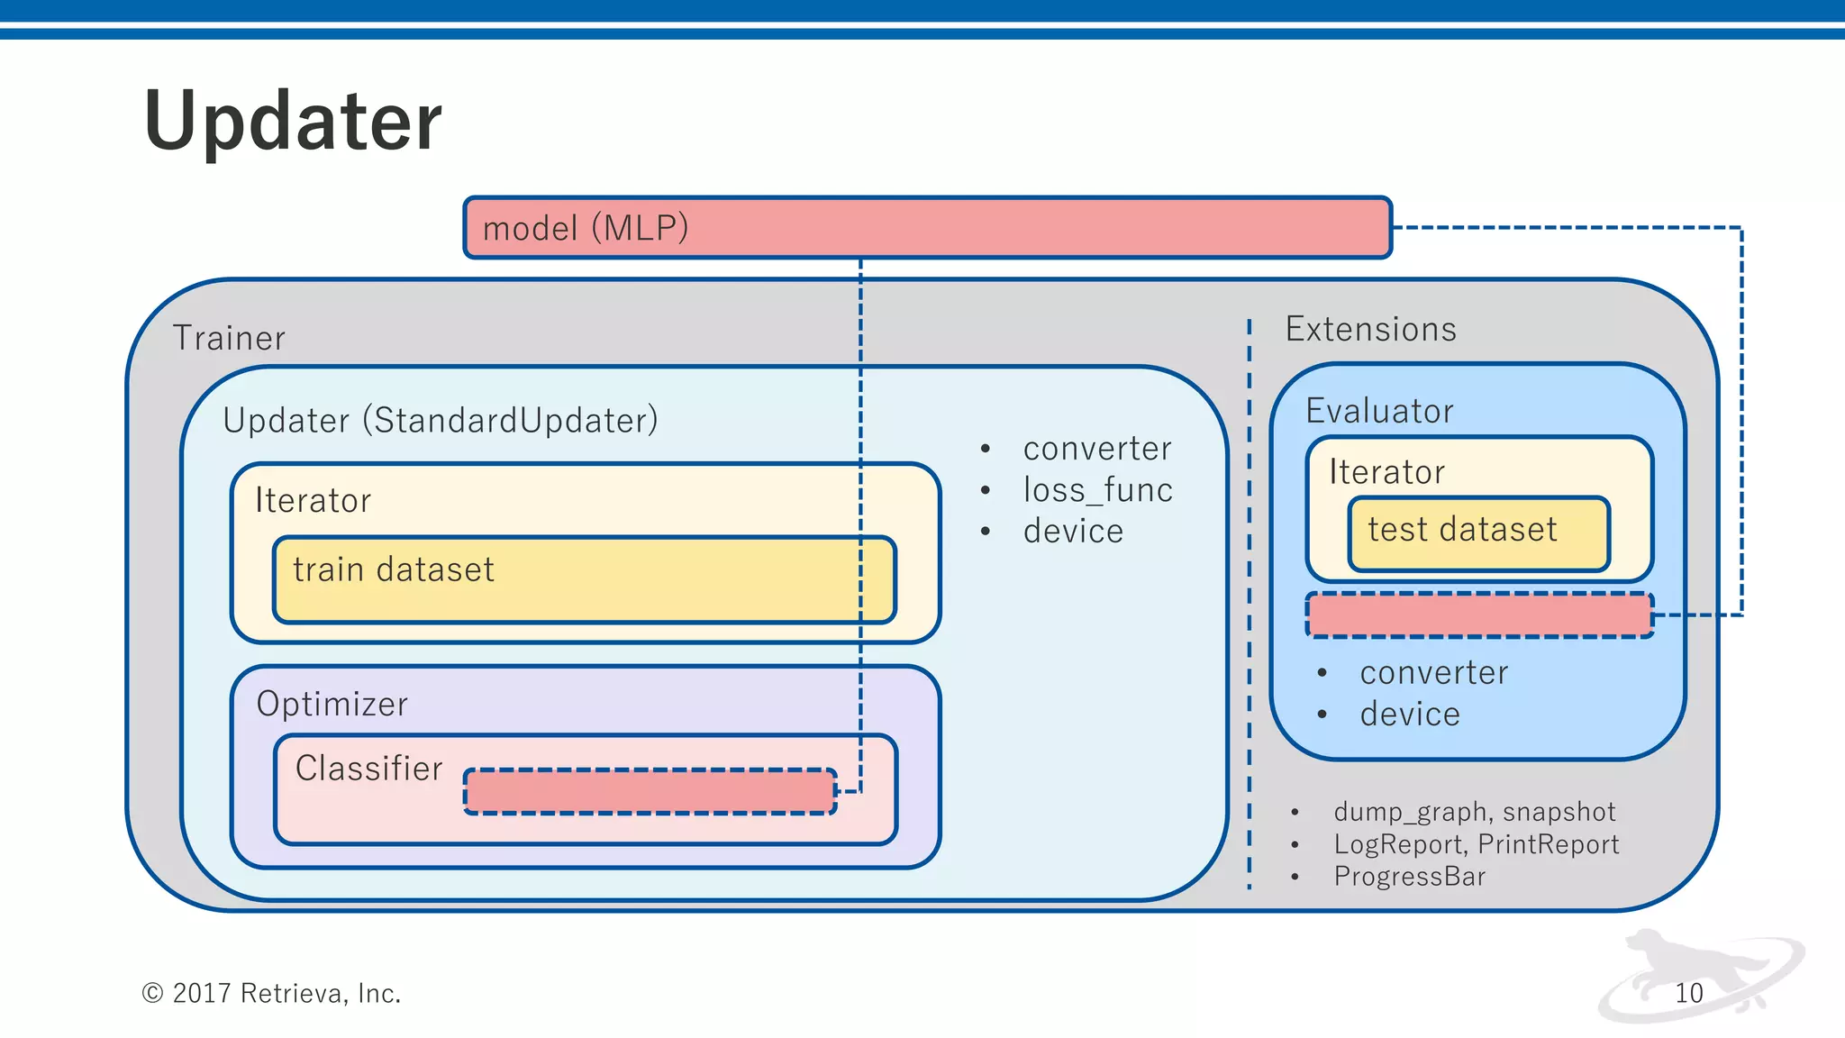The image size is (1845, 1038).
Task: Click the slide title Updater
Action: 293,122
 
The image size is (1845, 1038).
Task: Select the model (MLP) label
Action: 586,228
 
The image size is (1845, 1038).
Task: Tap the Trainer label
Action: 229,338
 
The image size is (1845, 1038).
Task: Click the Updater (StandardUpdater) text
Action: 441,421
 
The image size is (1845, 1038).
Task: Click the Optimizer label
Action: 332,704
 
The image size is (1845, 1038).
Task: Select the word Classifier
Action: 368,769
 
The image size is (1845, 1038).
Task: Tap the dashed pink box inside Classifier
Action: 650,791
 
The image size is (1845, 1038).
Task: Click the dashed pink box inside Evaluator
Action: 1479,615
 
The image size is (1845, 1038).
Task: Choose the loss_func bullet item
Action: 1097,490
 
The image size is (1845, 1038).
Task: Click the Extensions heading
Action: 1370,329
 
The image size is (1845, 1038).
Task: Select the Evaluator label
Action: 1379,411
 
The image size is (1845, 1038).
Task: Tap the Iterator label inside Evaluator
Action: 1386,472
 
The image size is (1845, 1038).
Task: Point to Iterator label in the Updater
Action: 313,500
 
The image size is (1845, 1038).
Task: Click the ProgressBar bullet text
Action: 1409,876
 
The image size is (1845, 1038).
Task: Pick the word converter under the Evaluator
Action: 1433,673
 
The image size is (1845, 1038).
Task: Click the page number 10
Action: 1688,993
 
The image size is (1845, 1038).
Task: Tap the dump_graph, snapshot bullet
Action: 1474,812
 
